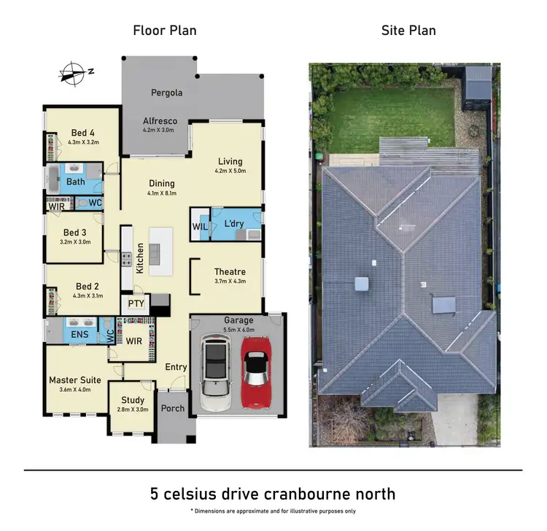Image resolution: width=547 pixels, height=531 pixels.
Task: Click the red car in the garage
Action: point(255,370)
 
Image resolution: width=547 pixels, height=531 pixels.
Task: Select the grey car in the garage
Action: point(215,373)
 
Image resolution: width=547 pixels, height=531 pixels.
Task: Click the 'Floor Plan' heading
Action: point(165,31)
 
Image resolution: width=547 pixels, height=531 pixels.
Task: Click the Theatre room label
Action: point(230,272)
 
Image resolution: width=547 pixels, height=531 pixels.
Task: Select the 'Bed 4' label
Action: point(82,133)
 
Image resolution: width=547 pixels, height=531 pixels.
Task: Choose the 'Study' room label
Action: point(133,400)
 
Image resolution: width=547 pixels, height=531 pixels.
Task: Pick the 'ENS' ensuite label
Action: point(80,335)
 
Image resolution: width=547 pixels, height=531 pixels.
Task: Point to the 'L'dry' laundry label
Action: point(233,222)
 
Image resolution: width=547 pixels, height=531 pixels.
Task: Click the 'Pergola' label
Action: point(166,93)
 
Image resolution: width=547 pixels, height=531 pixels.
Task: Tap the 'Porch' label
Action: point(173,408)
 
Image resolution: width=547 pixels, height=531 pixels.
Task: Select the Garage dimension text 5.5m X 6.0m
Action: point(238,329)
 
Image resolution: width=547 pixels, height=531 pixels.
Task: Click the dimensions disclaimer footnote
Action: point(273,511)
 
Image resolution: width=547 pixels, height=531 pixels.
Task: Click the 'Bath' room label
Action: point(76,181)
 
